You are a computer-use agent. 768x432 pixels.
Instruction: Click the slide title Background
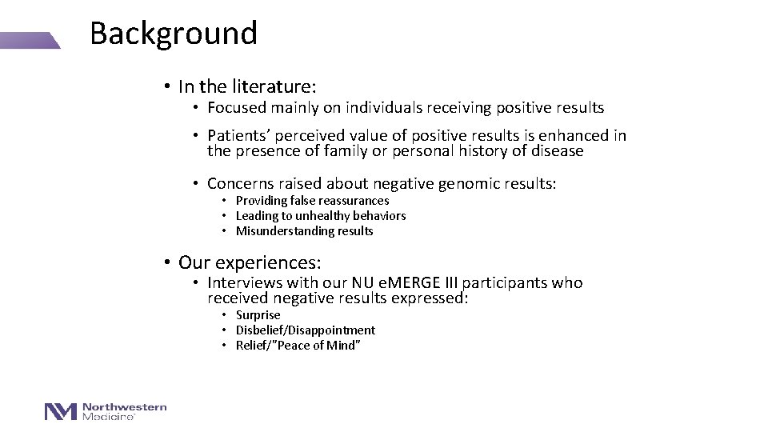point(174,34)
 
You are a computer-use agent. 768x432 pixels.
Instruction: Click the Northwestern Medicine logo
point(106,411)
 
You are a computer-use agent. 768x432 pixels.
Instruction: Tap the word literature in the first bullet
point(275,86)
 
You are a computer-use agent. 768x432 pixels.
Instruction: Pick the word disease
point(556,150)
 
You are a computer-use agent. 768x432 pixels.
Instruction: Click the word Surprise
point(258,315)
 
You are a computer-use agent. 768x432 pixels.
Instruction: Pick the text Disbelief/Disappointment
point(305,330)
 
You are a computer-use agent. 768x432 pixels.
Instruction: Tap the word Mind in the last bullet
point(343,346)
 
